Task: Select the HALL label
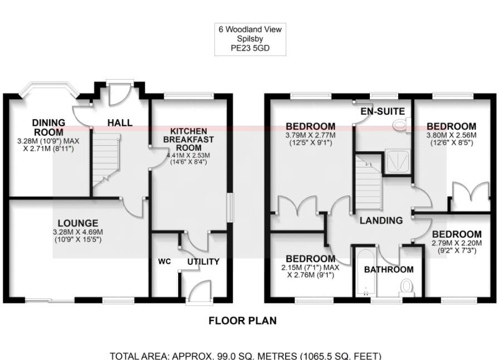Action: click(x=120, y=122)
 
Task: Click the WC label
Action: click(x=164, y=261)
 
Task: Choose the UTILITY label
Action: click(x=203, y=262)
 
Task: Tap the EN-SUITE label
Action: click(x=382, y=111)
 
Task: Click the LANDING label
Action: click(x=381, y=220)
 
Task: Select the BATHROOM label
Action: click(x=389, y=269)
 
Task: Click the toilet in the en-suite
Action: click(x=400, y=125)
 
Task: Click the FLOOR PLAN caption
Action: click(x=242, y=320)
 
